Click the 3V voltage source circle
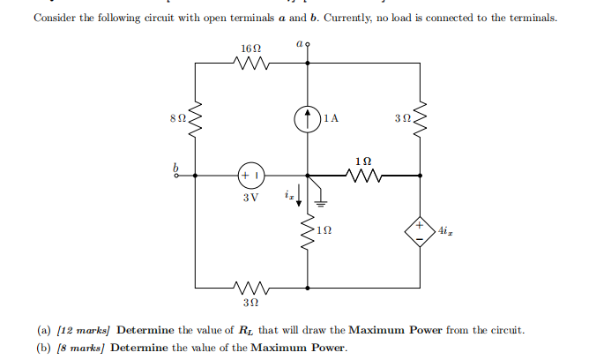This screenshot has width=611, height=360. click(250, 175)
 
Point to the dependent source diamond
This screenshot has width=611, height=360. click(420, 232)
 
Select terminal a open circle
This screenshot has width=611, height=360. click(307, 52)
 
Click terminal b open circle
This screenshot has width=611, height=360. click(175, 175)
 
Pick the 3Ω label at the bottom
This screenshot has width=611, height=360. click(250, 304)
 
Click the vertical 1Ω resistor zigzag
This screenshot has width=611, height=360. click(307, 233)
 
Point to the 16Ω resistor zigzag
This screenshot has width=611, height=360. click(250, 63)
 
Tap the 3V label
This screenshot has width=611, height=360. click(250, 197)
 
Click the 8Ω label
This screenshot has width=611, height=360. click(177, 116)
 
